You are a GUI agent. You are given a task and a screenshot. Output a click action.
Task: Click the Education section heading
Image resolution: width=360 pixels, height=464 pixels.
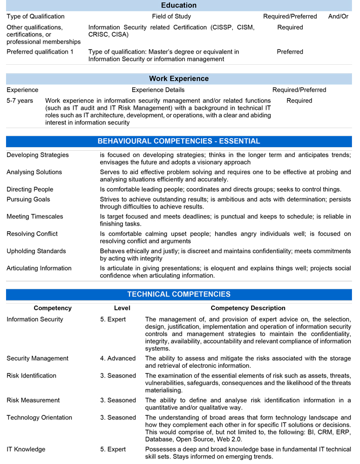179,5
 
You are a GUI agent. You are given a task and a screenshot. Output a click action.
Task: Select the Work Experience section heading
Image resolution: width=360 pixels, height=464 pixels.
179,78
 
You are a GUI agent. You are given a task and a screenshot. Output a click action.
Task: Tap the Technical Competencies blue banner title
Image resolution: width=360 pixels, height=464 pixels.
179,294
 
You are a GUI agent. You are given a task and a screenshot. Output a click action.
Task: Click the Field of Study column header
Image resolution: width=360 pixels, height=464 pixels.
172,16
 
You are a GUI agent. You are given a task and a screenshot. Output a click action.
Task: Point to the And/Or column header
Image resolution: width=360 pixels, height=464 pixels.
338,16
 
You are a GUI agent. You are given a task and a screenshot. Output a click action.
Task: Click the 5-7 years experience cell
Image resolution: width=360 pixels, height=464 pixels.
20,101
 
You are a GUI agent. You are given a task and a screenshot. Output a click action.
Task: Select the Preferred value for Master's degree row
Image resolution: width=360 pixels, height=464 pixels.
290,52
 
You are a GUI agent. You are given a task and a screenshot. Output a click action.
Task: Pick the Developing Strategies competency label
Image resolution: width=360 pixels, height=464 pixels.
37,155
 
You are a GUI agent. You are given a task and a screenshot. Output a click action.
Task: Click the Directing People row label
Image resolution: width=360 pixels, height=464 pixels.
30,189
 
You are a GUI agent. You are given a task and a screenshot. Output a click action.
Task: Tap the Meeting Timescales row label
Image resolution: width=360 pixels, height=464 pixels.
35,217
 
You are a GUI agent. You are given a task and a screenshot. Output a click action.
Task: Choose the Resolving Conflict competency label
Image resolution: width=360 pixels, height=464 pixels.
32,234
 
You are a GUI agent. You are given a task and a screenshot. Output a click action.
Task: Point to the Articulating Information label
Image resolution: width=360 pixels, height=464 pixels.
39,268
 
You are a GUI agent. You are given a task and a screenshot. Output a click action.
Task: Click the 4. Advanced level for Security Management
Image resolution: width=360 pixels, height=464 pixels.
117,358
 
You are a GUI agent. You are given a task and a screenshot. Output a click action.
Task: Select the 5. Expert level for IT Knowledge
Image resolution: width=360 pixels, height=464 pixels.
113,449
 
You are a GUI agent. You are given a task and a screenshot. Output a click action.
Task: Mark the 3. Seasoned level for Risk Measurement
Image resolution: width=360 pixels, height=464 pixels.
118,400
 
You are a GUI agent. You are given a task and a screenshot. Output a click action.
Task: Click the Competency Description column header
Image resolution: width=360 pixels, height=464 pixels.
248,308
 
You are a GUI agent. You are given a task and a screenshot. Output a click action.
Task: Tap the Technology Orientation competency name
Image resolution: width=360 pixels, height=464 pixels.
39,417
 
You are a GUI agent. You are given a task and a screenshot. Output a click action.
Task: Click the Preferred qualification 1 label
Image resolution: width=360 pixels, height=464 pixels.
40,52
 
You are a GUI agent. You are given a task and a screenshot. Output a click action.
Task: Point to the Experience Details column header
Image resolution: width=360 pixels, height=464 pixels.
158,90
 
